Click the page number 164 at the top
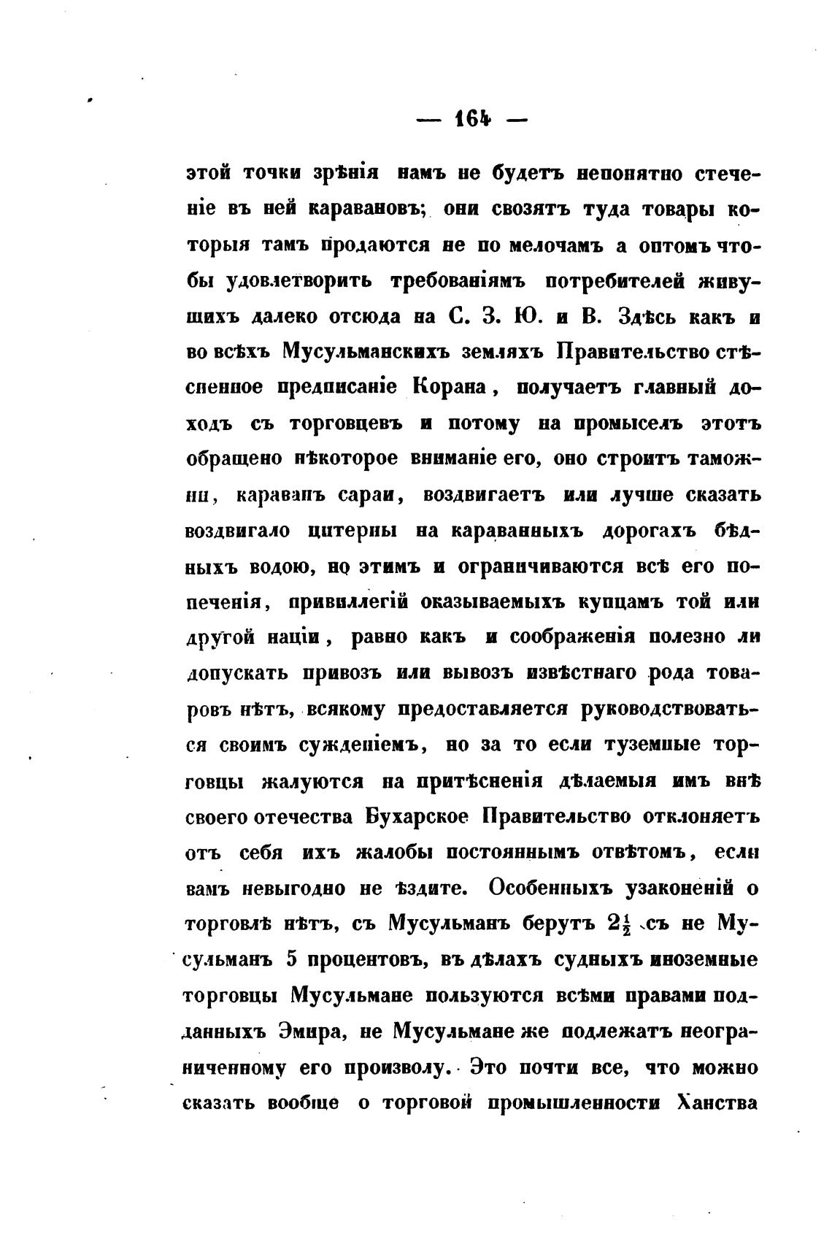click(473, 119)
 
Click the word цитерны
click(349, 531)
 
